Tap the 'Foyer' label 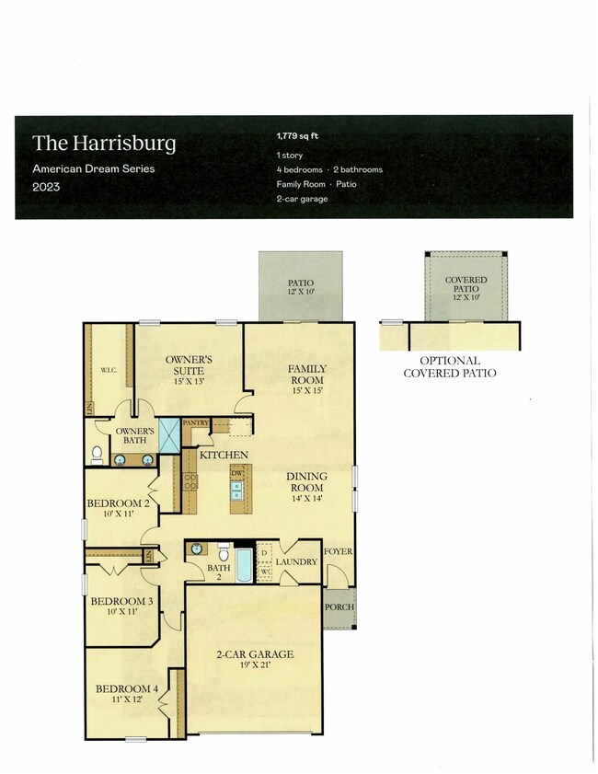[x=338, y=552]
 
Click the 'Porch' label [x=338, y=607]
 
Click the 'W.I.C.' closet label [x=109, y=371]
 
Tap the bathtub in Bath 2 [x=243, y=564]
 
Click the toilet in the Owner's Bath [x=98, y=454]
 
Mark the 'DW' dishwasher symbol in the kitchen [x=236, y=473]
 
